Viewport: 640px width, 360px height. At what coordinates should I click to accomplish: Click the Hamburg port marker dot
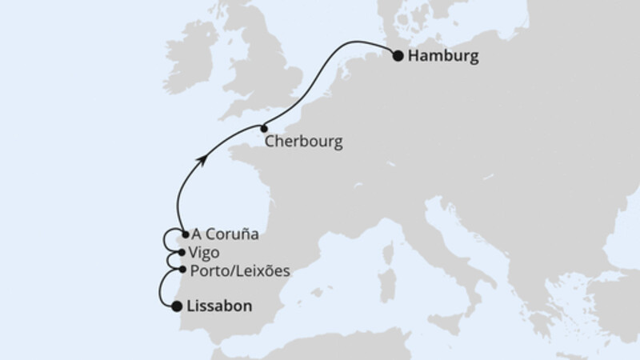[x=398, y=55]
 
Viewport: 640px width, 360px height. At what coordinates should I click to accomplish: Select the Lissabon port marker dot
[x=176, y=305]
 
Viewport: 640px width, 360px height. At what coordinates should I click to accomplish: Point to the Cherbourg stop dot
[x=262, y=127]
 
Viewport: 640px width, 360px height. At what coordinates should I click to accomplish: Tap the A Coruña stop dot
[x=186, y=234]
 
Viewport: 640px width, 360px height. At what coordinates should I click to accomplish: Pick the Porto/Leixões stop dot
[x=184, y=270]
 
